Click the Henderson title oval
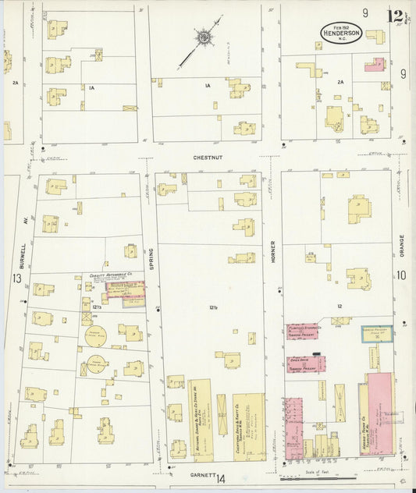point(341,32)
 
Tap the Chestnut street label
point(208,157)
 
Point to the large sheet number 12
point(393,15)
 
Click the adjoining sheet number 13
point(16,278)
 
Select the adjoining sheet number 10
point(401,275)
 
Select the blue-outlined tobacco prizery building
point(376,333)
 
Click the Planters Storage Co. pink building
point(302,331)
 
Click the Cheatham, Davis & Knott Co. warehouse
point(248,425)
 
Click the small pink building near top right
point(375,65)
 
